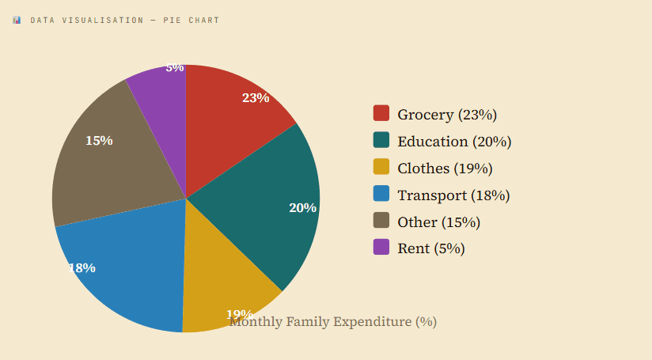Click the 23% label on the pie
(x=256, y=98)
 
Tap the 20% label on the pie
(x=302, y=208)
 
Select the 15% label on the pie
(x=99, y=141)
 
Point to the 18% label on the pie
(x=82, y=268)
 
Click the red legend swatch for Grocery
(x=381, y=114)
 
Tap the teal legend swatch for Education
(x=381, y=141)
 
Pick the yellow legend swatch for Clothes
(x=381, y=168)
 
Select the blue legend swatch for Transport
(x=381, y=195)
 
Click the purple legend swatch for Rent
(x=381, y=248)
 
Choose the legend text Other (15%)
(x=438, y=222)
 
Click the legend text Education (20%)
(x=454, y=142)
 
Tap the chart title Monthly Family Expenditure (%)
(x=333, y=322)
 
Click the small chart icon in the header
(x=17, y=20)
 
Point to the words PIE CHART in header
(x=191, y=20)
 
